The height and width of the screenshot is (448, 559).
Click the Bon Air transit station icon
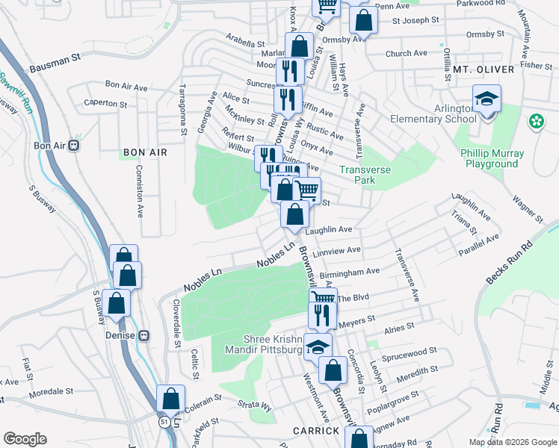(x=73, y=145)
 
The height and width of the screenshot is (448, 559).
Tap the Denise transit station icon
(x=145, y=335)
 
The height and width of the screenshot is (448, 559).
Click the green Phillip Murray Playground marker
(x=536, y=121)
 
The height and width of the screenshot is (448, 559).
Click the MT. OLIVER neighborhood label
(x=484, y=69)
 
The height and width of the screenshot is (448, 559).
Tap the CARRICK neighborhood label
(x=316, y=431)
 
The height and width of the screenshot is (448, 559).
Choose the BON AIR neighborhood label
(x=145, y=152)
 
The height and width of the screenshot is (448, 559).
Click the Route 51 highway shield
(x=163, y=422)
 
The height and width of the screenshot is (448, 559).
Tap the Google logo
(x=25, y=439)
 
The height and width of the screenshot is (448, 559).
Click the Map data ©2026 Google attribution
(x=512, y=442)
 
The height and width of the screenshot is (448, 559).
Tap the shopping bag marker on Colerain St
(x=170, y=398)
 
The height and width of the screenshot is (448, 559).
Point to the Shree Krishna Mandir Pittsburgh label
(x=267, y=343)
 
